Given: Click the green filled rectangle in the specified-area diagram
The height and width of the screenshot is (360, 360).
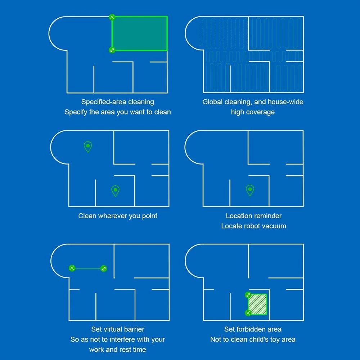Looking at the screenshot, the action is click(140, 33).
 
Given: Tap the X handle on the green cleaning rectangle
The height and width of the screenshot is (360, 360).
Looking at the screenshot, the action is click(112, 17).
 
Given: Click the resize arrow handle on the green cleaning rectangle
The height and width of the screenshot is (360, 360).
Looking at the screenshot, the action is click(112, 50).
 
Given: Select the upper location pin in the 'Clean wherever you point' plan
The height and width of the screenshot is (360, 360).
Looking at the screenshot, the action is click(88, 147).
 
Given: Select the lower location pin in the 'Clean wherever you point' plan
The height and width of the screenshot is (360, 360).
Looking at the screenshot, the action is click(116, 191).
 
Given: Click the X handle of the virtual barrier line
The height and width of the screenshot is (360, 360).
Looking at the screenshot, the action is click(72, 268).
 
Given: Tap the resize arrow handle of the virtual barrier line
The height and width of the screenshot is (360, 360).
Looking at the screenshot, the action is click(104, 269).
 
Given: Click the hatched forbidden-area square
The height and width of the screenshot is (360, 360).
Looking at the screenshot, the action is click(257, 304).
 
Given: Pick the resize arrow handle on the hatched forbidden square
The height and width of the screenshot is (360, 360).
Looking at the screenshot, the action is click(248, 295).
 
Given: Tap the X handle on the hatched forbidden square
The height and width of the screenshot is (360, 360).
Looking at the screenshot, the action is click(248, 313).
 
